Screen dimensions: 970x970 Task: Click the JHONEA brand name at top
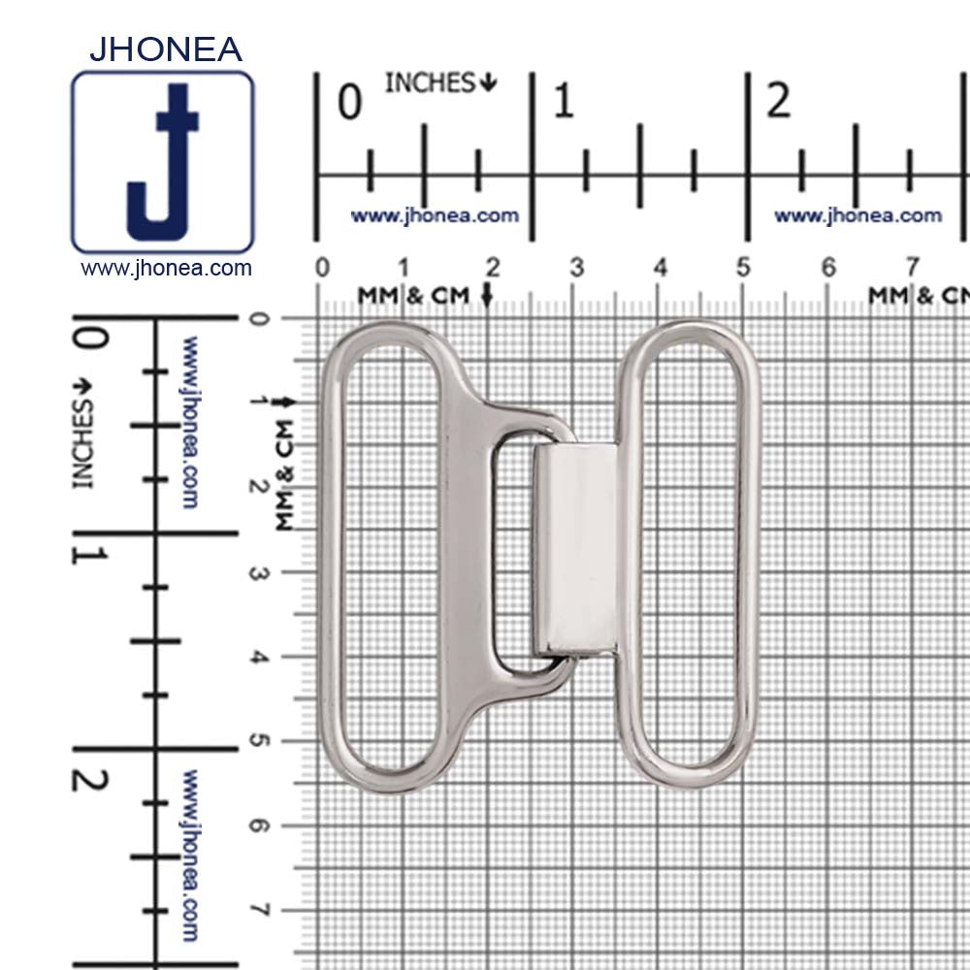pyautogui.click(x=166, y=49)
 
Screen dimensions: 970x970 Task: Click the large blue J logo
pyautogui.click(x=162, y=163)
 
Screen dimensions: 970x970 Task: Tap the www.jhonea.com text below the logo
pyautogui.click(x=166, y=269)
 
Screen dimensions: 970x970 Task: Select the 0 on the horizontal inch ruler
pyautogui.click(x=349, y=102)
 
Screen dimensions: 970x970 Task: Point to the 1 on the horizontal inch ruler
pyautogui.click(x=564, y=101)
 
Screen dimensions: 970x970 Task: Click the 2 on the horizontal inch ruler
pyautogui.click(x=778, y=100)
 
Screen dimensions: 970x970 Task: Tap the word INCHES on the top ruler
pyautogui.click(x=430, y=82)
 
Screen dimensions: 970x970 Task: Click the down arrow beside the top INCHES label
pyautogui.click(x=488, y=82)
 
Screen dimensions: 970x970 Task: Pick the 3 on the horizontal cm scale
pyautogui.click(x=576, y=268)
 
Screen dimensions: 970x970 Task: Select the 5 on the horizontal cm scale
pyautogui.click(x=743, y=268)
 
